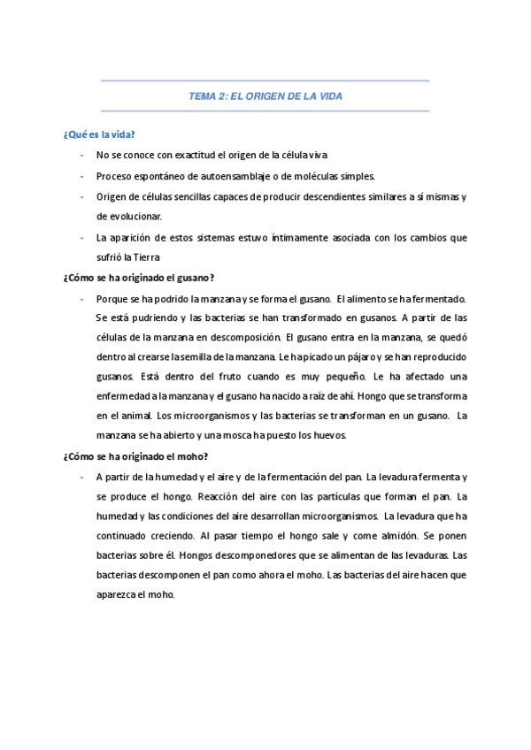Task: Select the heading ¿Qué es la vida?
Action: [x=98, y=134]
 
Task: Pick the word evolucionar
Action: [x=136, y=216]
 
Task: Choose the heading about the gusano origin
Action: [x=139, y=278]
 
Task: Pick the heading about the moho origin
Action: [x=135, y=456]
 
